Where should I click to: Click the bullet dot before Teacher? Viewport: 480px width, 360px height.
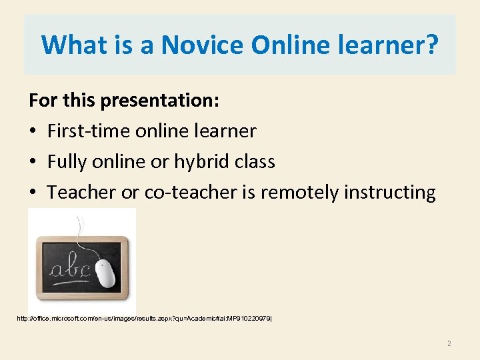tap(34, 193)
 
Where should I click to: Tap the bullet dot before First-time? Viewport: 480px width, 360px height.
tap(34, 131)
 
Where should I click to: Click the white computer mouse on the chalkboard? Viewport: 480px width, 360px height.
tap(105, 273)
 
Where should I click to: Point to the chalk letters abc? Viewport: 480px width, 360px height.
tap(70, 269)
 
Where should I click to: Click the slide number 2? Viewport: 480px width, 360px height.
tap(449, 343)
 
